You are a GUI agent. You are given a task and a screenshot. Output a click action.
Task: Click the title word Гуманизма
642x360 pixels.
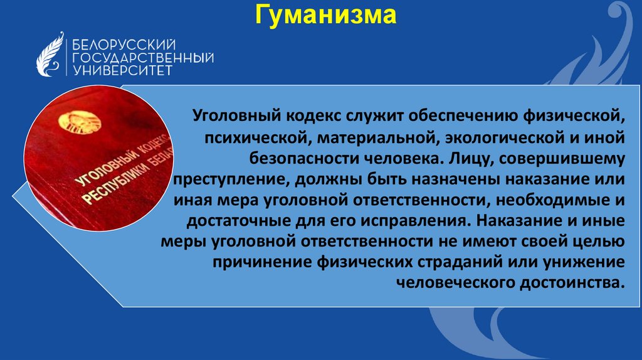(326, 15)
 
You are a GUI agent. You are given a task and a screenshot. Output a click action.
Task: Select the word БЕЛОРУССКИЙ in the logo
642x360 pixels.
(124, 44)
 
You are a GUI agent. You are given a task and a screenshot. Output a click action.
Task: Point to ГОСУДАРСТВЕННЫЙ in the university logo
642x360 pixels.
(144, 58)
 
